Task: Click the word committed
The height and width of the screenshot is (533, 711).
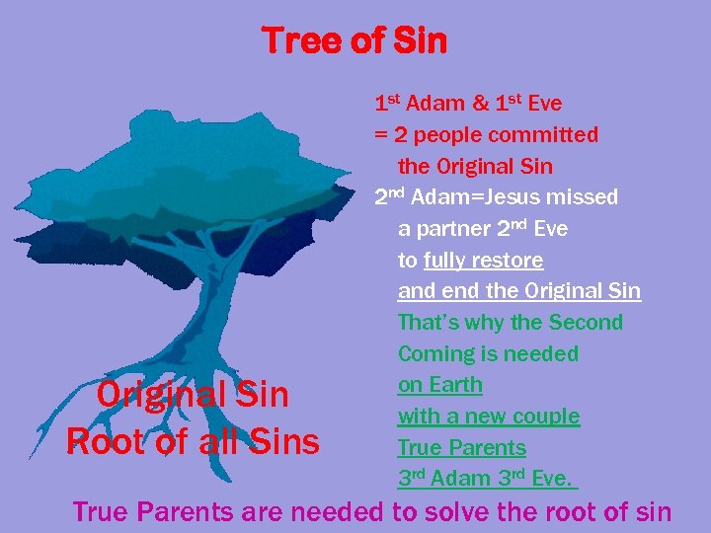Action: pos(549,134)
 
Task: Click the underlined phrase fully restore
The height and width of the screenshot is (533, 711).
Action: pos(483,261)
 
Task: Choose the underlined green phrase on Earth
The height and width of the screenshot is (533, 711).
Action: pos(440,385)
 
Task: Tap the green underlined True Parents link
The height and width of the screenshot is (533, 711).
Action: pos(462,448)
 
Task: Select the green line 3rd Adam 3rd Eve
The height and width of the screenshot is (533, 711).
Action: pos(485,479)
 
